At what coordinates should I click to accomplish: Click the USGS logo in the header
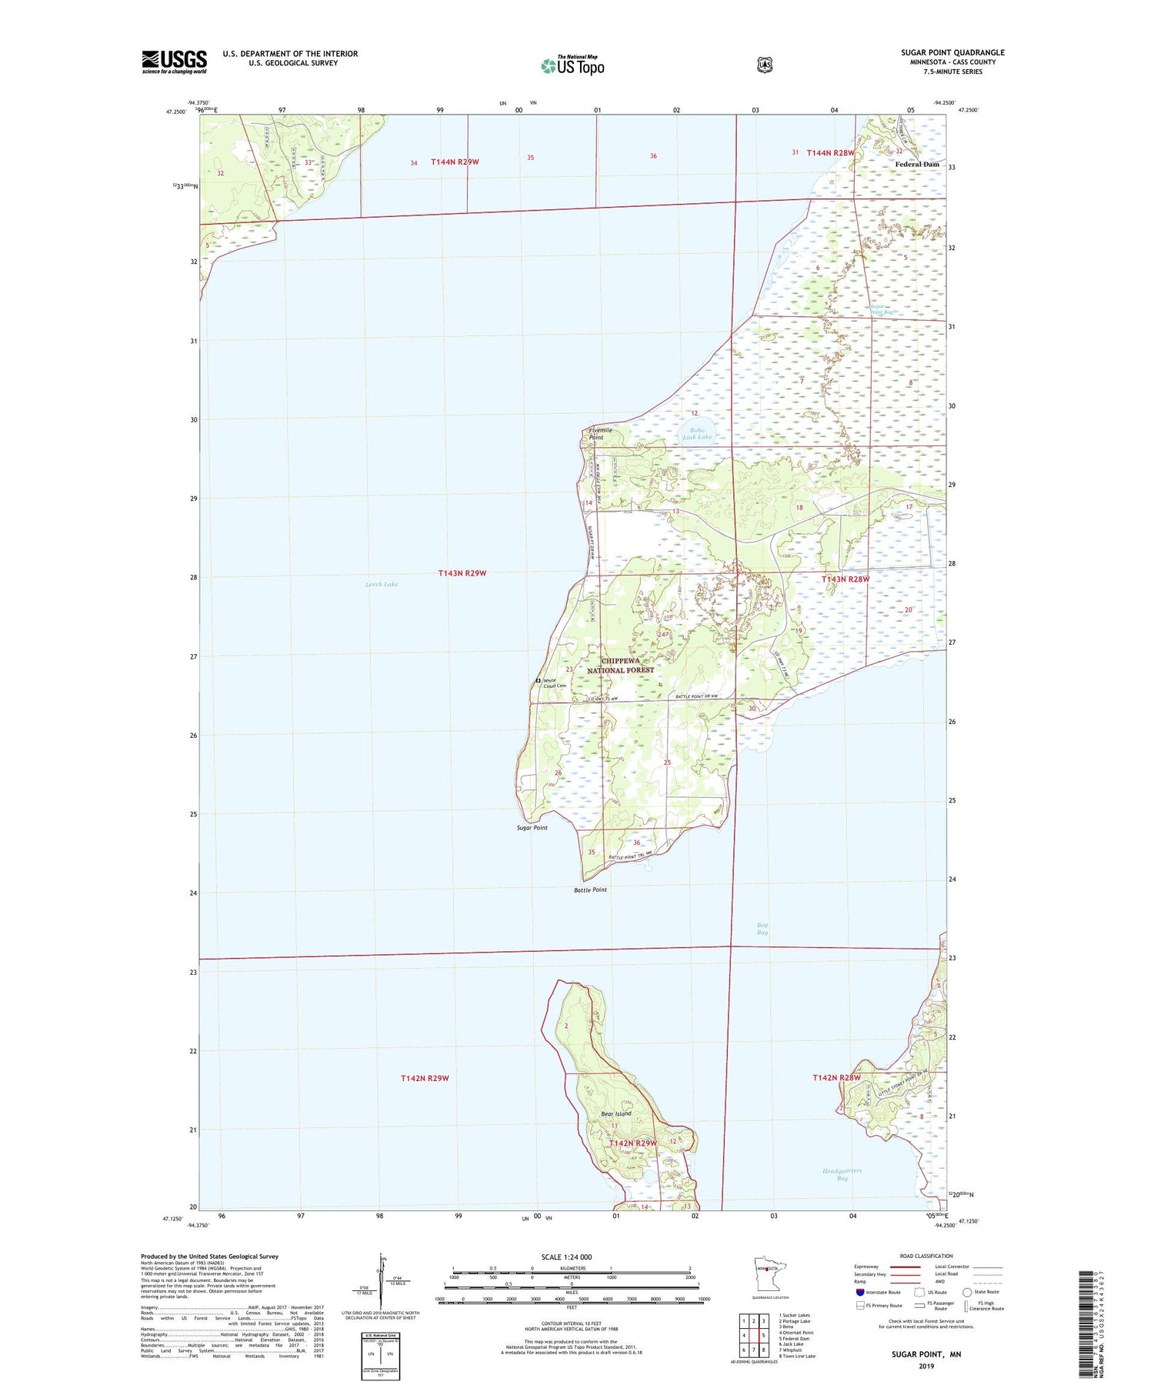[x=174, y=62]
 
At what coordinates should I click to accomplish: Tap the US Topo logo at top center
[x=573, y=65]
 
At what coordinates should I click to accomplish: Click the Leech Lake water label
[x=382, y=585]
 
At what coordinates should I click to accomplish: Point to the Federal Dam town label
[x=916, y=165]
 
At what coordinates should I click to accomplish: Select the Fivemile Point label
[x=600, y=434]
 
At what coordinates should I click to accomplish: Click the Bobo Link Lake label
[x=698, y=434]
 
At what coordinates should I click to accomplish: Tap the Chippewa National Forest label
[x=620, y=666]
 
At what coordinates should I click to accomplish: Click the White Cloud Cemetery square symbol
[x=538, y=681]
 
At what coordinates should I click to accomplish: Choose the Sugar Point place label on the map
[x=532, y=828]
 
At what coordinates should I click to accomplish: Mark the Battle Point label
[x=590, y=890]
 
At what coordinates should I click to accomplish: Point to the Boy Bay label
[x=762, y=929]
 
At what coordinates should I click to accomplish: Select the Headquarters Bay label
[x=842, y=1174]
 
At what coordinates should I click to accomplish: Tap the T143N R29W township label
[x=462, y=573]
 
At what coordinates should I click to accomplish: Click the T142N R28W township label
[x=836, y=1078]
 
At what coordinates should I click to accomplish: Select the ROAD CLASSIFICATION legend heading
[x=926, y=1257]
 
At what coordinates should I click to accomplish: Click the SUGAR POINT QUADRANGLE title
[x=952, y=53]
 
